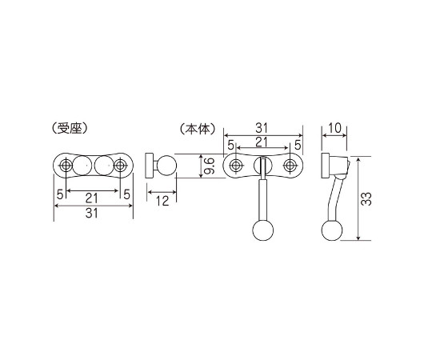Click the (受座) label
pos(70,128)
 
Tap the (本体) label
pos(198,128)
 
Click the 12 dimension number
pos(162,201)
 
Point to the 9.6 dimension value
pos(210,166)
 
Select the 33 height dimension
pos(366,198)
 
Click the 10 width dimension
pos(334,128)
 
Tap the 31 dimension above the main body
pos(262,128)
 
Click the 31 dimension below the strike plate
pos(92,213)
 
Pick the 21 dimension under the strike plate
pos(92,198)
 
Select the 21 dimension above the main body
pos(262,142)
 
